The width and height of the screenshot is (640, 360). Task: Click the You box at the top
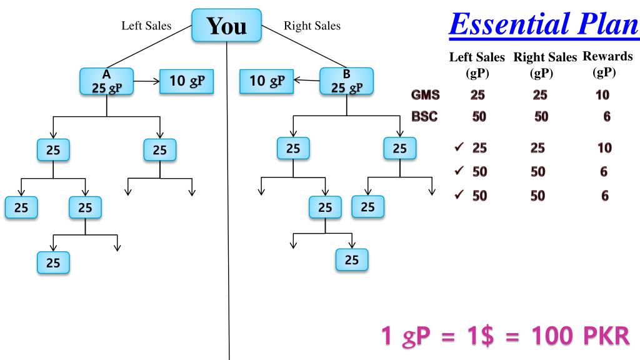(226, 26)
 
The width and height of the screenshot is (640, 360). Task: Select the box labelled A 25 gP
(106, 82)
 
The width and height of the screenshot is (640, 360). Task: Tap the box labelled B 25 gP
(347, 81)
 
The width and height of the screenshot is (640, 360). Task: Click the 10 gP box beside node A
(187, 81)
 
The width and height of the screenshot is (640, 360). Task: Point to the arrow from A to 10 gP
(147, 81)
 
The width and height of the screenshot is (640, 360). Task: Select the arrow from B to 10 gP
(307, 81)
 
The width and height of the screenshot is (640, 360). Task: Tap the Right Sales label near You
(312, 26)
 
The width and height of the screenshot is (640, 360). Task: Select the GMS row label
(425, 95)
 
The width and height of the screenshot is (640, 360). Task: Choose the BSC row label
(425, 116)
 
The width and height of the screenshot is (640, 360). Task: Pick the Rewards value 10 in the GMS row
(603, 95)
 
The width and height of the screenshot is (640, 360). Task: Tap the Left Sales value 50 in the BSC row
(480, 116)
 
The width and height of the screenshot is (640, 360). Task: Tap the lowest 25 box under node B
(352, 259)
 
